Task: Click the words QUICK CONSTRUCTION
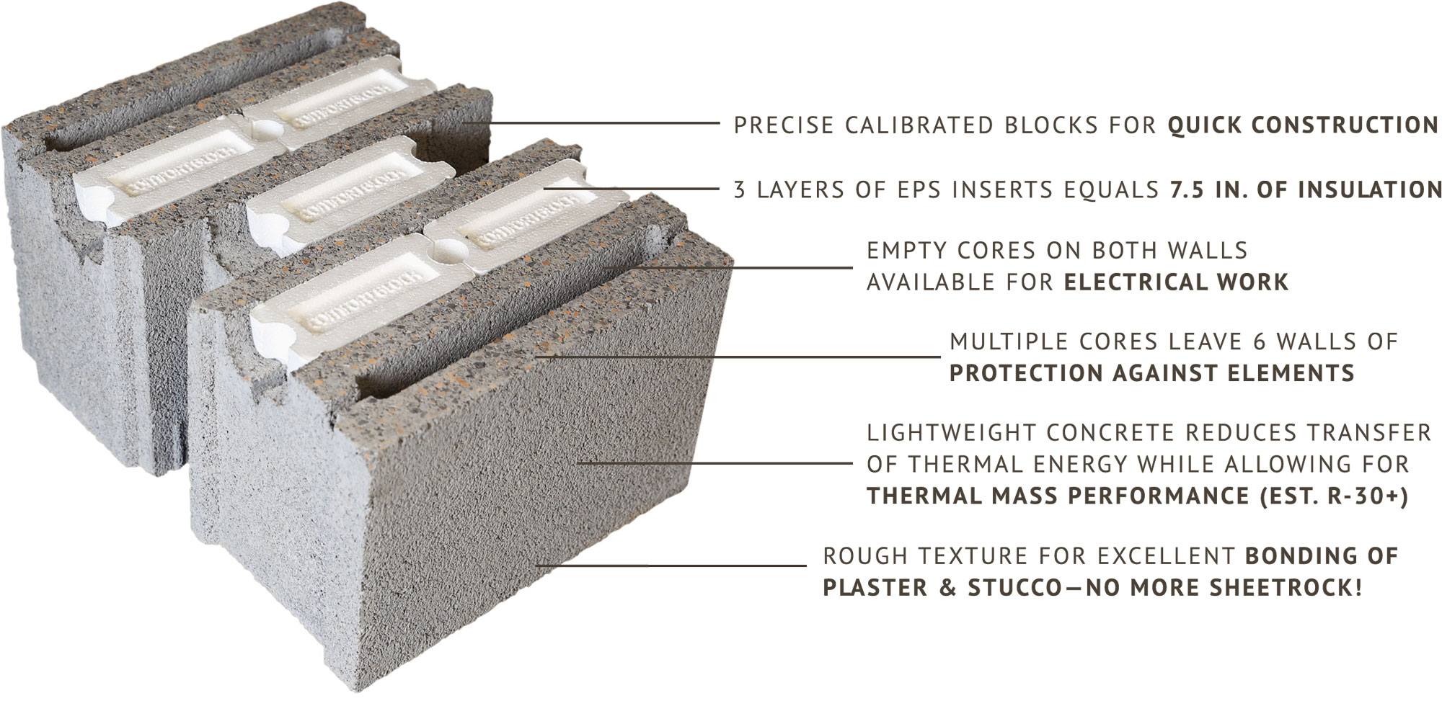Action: click(1303, 125)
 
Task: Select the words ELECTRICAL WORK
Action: click(1176, 282)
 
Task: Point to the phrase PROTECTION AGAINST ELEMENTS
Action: click(1151, 373)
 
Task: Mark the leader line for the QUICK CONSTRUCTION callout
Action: click(592, 123)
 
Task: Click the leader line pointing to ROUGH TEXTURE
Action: click(671, 566)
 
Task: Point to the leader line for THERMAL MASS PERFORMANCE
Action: click(715, 463)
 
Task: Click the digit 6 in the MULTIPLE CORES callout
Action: click(1260, 341)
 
